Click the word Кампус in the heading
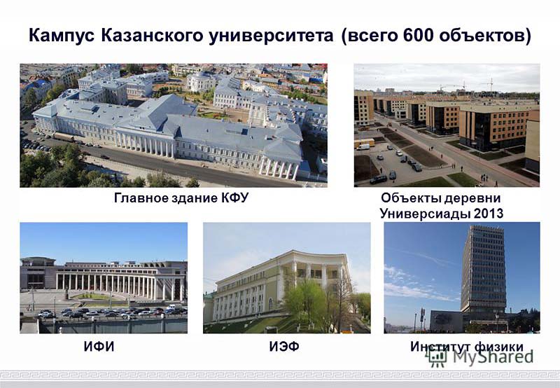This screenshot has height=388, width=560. (62, 36)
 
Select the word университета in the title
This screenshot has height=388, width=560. (271, 36)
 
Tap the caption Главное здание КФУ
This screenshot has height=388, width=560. (181, 198)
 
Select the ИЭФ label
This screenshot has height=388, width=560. (284, 347)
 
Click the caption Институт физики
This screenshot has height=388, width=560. (467, 347)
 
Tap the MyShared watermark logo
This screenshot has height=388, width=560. (481, 357)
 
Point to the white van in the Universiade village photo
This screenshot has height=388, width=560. (363, 147)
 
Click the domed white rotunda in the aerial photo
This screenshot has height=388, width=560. (201, 81)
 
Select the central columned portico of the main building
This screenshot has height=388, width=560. (145, 144)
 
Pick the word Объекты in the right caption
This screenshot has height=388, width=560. (407, 198)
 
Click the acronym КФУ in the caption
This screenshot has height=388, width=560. (234, 198)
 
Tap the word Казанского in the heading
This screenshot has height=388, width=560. (151, 36)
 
